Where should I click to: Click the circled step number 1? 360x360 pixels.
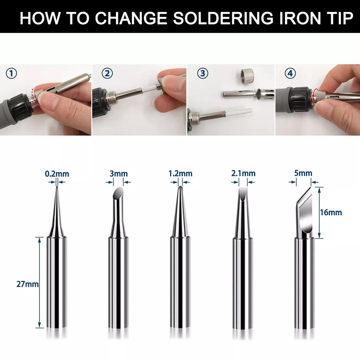pos(11,74)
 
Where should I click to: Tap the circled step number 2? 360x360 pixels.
pos(107,73)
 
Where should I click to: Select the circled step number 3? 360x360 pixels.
pos(203,73)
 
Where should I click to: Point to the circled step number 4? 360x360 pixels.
pos(290,73)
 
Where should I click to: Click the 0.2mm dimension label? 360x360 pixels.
pos(57,173)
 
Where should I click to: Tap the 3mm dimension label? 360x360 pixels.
pos(118,173)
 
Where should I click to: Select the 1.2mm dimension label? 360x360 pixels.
pos(180,173)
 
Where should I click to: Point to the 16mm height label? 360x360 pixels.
pos(331,212)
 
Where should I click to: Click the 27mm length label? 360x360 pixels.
pos(27,284)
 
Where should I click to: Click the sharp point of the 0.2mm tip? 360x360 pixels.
pos(57,187)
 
